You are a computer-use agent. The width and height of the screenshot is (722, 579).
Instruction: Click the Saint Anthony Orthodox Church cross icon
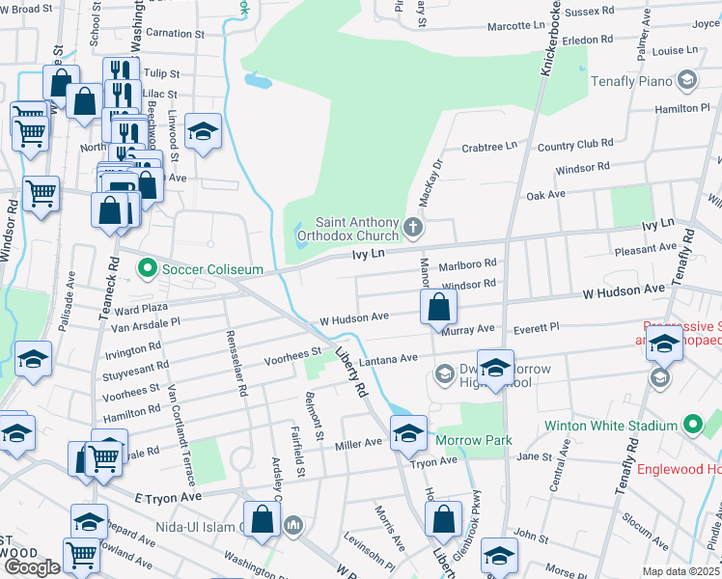[x=413, y=229]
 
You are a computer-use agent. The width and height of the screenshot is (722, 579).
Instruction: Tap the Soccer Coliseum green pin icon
[x=148, y=267]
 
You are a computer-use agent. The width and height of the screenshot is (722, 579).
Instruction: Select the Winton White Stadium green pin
[x=693, y=425]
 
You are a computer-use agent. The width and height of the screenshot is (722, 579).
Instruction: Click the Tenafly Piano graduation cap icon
[x=687, y=80]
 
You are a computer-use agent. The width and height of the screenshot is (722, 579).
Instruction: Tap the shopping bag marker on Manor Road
[x=438, y=309]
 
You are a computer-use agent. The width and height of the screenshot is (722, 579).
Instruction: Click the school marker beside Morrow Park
[x=407, y=433]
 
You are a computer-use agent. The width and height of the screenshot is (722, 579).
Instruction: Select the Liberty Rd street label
[x=351, y=372]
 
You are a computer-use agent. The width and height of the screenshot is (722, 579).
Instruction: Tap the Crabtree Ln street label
[x=489, y=147]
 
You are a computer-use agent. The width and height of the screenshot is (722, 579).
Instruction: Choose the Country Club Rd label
[x=575, y=144]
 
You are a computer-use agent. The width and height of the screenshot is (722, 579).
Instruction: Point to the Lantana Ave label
[x=388, y=358]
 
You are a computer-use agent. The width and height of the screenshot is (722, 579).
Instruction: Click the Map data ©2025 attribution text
[x=681, y=571]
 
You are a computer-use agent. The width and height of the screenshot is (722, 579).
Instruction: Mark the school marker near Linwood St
[x=203, y=132]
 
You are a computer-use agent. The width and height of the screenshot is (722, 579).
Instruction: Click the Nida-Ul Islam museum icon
[x=294, y=526]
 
